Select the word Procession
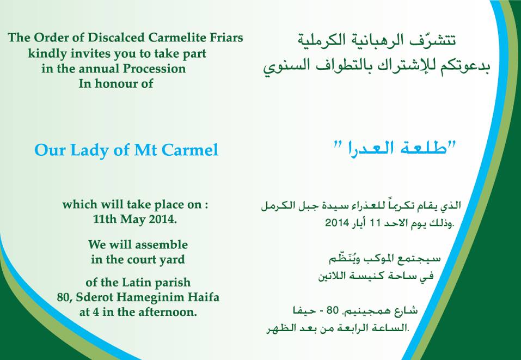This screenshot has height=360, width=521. pos(155,69)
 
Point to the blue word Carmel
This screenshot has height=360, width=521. pos(189,150)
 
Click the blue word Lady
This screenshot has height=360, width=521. pos(90,150)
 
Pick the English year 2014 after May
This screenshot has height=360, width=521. pos(163,219)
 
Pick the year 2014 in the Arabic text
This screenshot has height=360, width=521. pos(337,223)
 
